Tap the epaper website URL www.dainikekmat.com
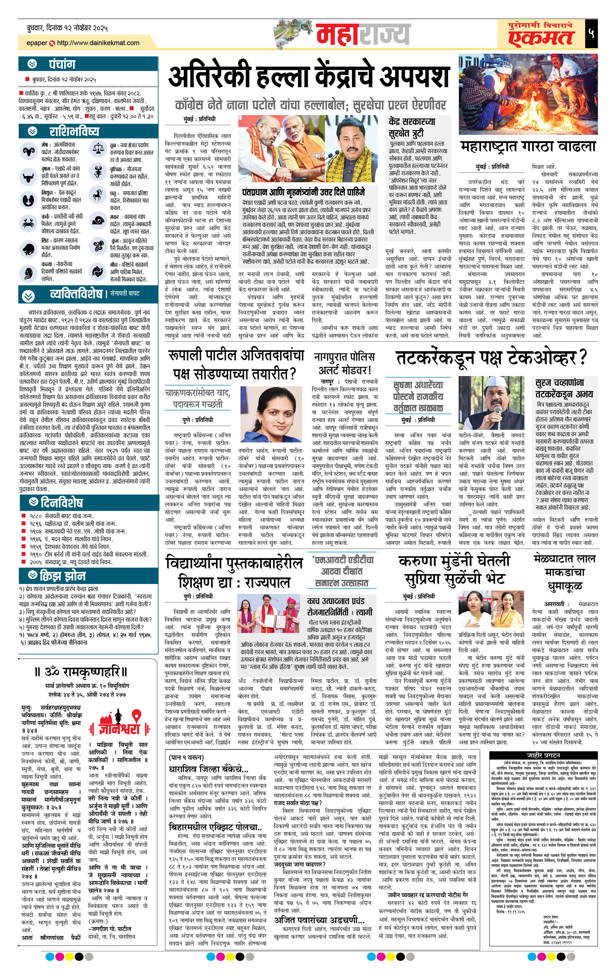98,43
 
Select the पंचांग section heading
62,64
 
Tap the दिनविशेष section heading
61,502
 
